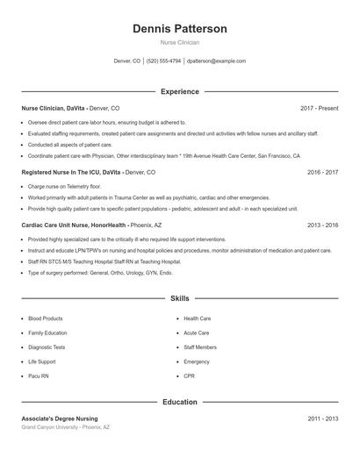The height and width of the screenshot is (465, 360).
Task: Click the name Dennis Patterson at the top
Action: tap(180, 29)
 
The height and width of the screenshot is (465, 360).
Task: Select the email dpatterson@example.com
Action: tap(216, 61)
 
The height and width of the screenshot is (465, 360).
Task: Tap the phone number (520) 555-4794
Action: tap(164, 61)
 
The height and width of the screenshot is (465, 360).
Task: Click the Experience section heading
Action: tap(180, 91)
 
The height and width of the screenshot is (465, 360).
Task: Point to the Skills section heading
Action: tap(180, 299)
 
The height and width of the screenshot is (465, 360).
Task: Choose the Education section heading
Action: tap(180, 402)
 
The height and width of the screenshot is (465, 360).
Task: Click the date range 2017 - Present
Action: tap(319, 108)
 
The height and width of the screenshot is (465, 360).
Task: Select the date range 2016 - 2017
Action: tap(322, 173)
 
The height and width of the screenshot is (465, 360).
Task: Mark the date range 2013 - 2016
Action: tap(322, 225)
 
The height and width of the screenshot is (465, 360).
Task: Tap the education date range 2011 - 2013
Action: tap(322, 418)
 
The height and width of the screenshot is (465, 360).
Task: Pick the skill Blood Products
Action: tap(46, 318)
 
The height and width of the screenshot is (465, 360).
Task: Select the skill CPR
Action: tap(190, 376)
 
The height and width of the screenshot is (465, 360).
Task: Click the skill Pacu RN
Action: tap(40, 376)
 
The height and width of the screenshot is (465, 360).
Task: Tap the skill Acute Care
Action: tap(197, 333)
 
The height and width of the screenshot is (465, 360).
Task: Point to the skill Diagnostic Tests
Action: tap(47, 347)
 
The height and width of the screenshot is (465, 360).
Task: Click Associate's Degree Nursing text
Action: tap(60, 418)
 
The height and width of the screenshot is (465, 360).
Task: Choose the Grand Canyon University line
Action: tap(66, 427)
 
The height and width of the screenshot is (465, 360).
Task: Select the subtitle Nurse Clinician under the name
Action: tap(180, 42)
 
